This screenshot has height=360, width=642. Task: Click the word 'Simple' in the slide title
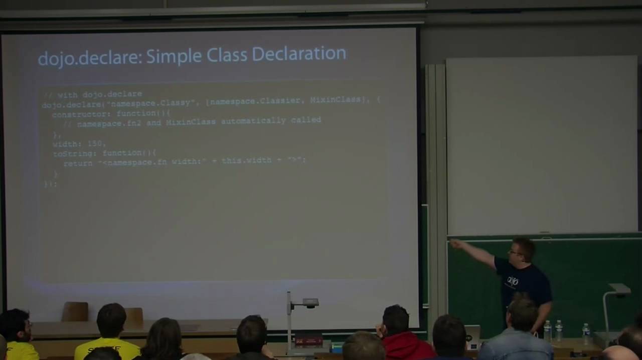tap(174, 56)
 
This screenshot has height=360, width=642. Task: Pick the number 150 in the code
tap(95, 144)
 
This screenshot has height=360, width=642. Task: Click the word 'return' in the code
tap(78, 163)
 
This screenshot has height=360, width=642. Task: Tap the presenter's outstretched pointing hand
tap(455, 244)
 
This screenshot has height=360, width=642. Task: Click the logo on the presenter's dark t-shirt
tap(512, 281)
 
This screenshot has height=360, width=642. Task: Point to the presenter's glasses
tap(515, 252)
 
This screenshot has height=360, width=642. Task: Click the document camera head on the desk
tap(309, 303)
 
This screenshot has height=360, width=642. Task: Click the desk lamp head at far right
tap(620, 289)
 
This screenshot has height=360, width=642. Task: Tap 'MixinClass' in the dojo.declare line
tap(335, 100)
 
